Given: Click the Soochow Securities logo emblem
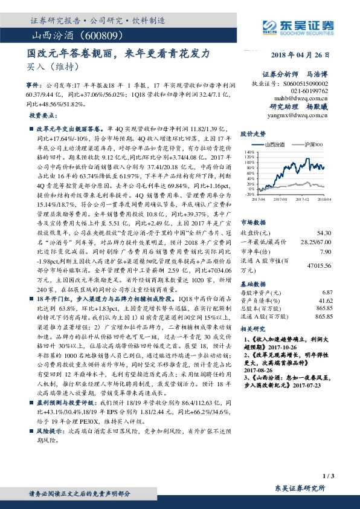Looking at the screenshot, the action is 269,25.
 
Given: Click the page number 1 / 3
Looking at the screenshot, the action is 329,477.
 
